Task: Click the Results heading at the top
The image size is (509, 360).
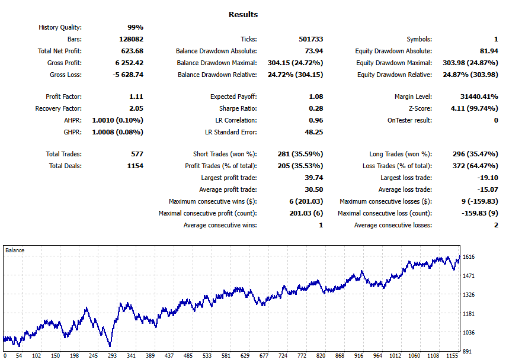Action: [x=243, y=14]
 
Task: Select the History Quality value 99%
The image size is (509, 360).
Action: [x=135, y=27]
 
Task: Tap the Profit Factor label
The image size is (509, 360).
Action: [x=63, y=97]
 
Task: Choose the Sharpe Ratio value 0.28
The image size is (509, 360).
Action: [x=316, y=108]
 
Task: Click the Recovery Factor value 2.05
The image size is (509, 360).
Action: [x=135, y=108]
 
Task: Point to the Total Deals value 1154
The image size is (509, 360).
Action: [x=135, y=166]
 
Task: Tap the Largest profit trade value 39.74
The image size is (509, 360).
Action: [x=313, y=178]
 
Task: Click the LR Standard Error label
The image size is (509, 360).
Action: [x=231, y=132]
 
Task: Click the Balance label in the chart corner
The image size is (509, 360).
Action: [x=15, y=250]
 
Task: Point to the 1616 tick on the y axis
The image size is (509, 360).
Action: [x=469, y=257]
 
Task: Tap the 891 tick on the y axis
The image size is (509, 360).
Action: [x=467, y=351]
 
